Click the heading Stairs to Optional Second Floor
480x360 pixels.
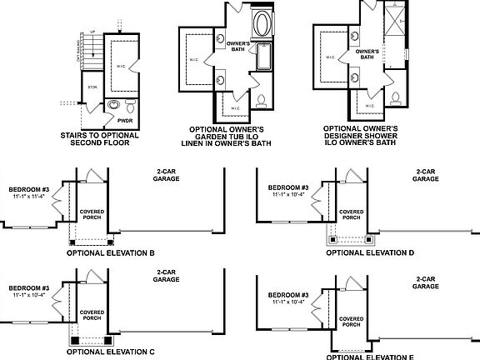(101, 138)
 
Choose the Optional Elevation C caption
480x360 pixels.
(112, 352)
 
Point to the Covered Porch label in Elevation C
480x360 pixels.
(92, 315)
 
